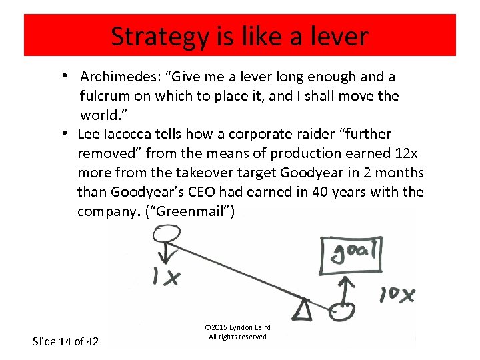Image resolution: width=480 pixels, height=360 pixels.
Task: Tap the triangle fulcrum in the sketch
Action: pyautogui.click(x=304, y=309)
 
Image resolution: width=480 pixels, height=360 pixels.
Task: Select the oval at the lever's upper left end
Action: pyautogui.click(x=168, y=235)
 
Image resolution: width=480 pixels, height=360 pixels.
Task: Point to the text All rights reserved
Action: pyautogui.click(x=237, y=337)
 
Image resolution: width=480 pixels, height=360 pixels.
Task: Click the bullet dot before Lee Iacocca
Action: pyautogui.click(x=68, y=133)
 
